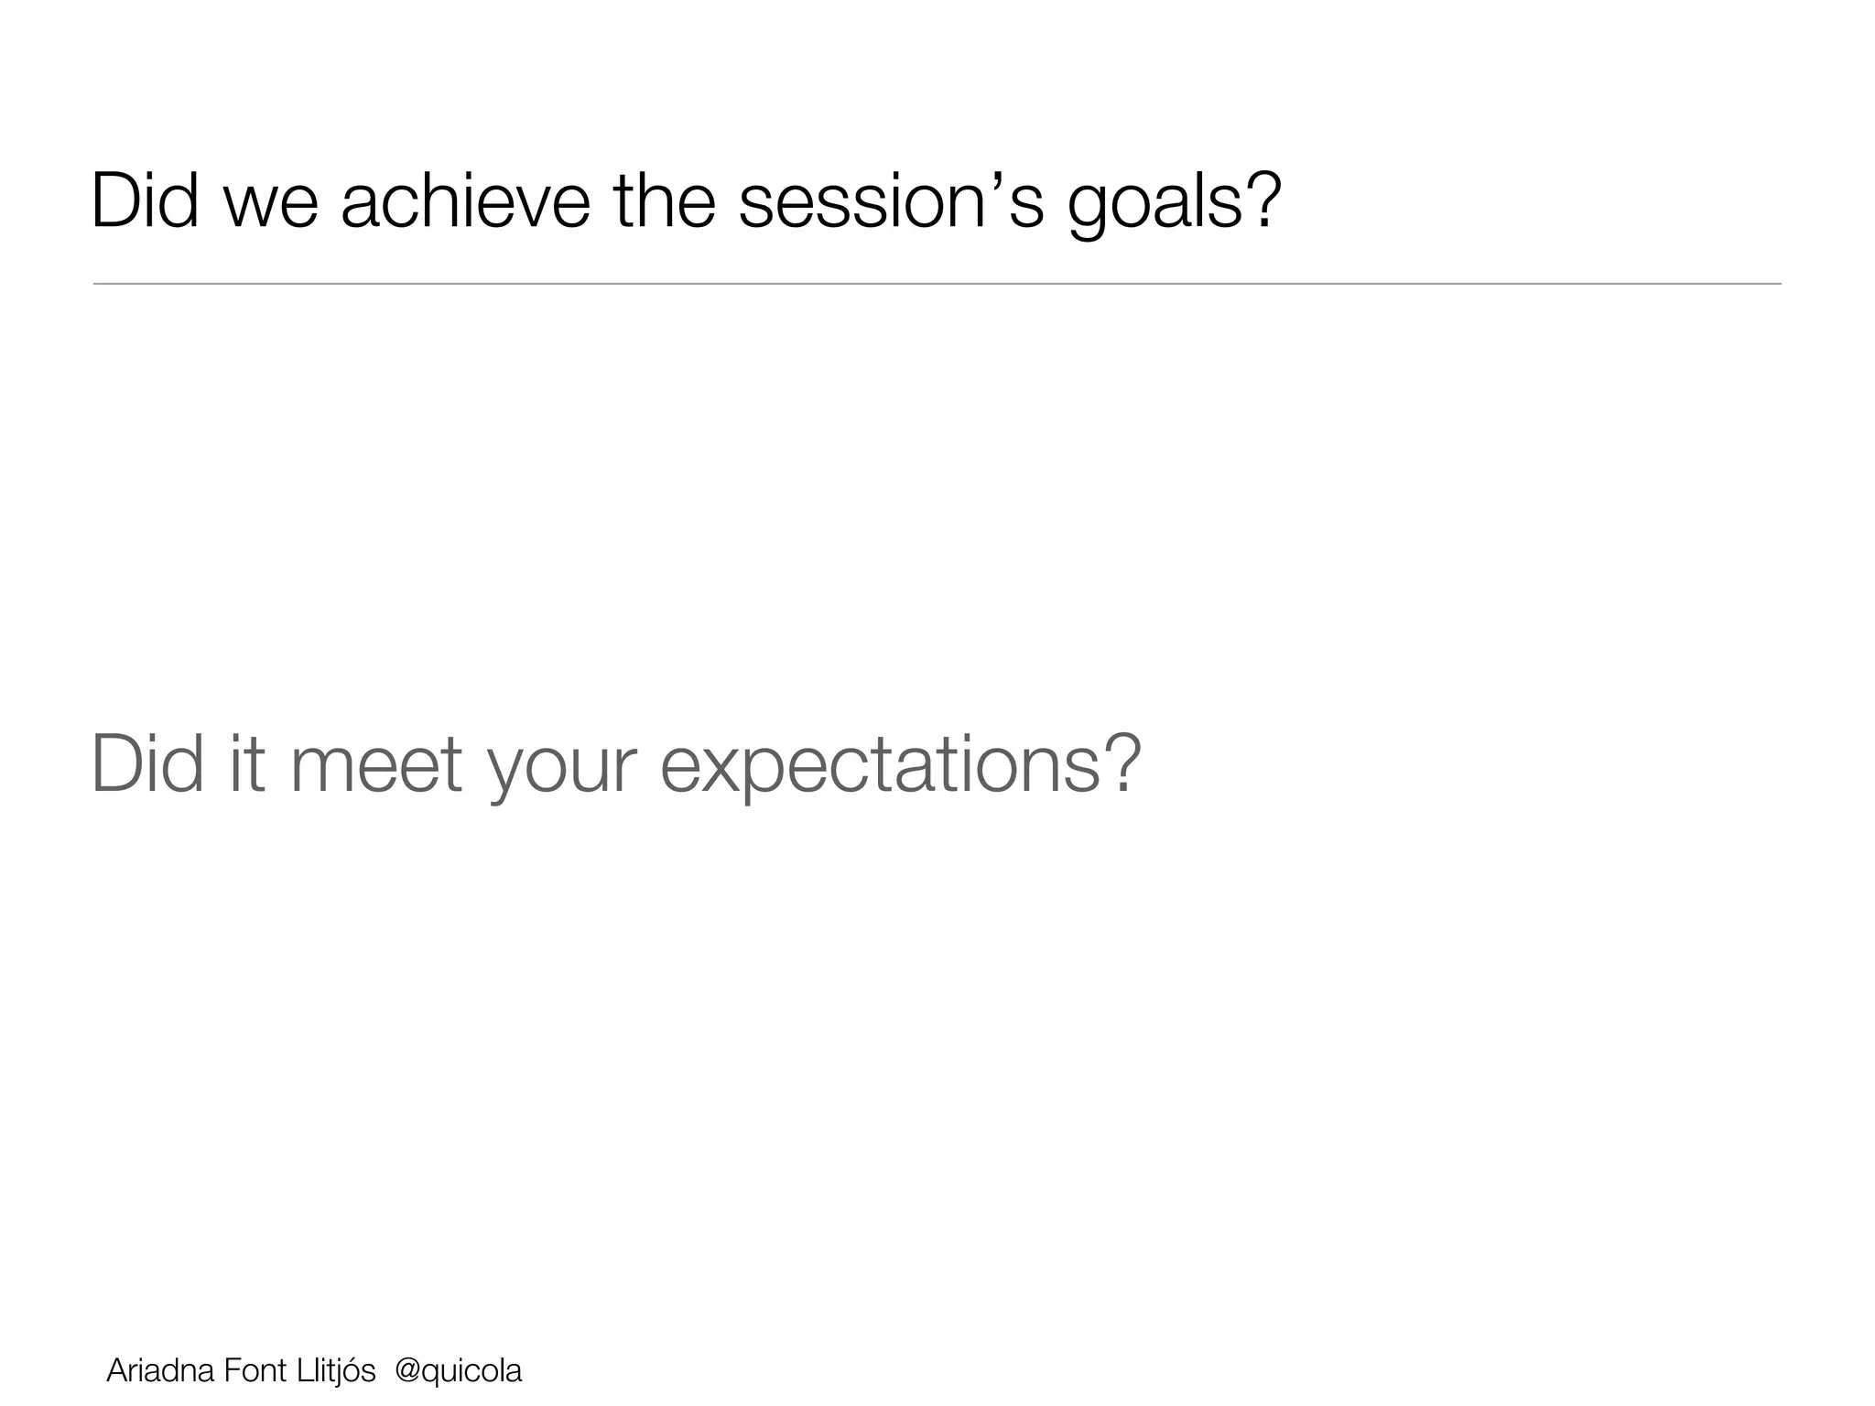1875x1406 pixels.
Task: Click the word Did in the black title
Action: click(145, 200)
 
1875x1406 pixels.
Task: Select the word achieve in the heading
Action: click(465, 200)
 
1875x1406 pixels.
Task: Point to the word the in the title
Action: click(665, 200)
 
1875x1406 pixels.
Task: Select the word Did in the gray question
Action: click(146, 764)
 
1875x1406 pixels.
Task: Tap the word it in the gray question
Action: click(247, 764)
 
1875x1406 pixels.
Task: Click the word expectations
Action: click(879, 766)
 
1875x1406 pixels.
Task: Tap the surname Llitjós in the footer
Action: click(335, 1370)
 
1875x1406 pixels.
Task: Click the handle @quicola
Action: click(458, 1370)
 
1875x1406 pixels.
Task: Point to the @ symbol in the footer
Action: click(406, 1371)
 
